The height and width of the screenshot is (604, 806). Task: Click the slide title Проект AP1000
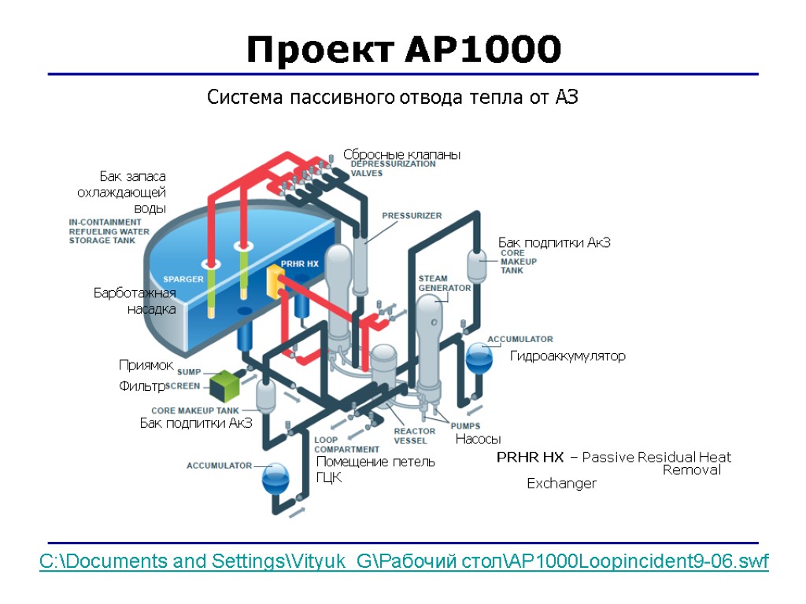click(403, 50)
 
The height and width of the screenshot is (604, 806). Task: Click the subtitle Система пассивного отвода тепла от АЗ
click(392, 98)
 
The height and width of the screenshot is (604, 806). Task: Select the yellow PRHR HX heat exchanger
click(275, 282)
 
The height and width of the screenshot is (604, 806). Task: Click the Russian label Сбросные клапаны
click(401, 155)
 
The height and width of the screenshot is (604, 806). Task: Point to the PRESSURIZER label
click(412, 215)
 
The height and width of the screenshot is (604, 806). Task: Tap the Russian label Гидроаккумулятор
click(568, 356)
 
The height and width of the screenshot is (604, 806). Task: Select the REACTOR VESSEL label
click(414, 436)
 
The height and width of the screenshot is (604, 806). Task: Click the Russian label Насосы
click(478, 440)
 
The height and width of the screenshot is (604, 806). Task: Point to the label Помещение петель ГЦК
click(375, 470)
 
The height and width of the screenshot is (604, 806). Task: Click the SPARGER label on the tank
click(183, 279)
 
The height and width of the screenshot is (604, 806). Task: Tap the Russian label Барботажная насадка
click(135, 301)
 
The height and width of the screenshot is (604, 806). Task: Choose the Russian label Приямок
click(146, 366)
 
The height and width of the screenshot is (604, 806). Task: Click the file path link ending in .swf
click(405, 562)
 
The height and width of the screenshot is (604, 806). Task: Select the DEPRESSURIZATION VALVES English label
click(392, 168)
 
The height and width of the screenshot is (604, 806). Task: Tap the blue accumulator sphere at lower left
click(275, 477)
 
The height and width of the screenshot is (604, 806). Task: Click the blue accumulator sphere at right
click(478, 358)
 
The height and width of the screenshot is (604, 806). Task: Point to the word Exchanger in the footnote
click(561, 484)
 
